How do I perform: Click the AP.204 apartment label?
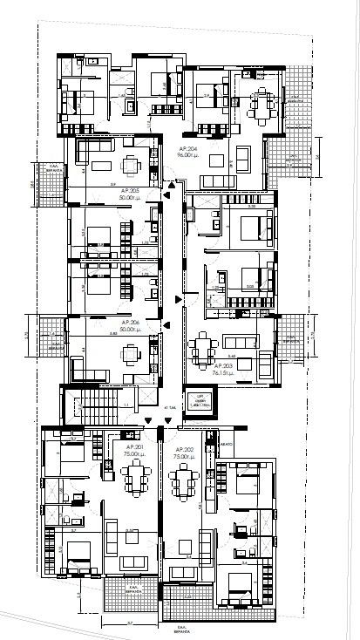[187, 149]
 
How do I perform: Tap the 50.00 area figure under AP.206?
[132, 330]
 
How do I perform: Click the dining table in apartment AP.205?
[132, 165]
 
